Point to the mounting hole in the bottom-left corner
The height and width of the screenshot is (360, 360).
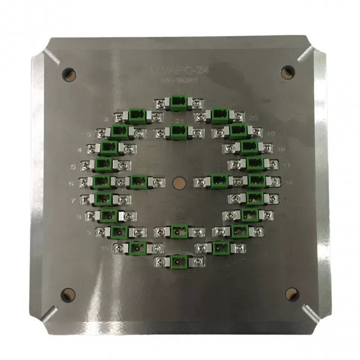click(68, 294)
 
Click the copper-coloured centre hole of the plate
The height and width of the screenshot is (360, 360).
click(179, 182)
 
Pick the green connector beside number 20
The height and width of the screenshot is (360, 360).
click(219, 116)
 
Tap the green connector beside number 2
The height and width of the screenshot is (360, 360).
click(136, 117)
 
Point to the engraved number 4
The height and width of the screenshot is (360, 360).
click(80, 150)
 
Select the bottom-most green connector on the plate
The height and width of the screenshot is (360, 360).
click(179, 261)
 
